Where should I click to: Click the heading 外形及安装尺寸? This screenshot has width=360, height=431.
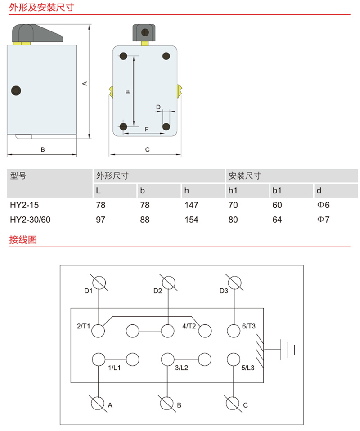(42, 7)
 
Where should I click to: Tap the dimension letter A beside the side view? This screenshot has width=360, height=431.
(85, 83)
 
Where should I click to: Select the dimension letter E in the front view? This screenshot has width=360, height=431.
(128, 91)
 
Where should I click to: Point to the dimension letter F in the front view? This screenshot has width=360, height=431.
(147, 129)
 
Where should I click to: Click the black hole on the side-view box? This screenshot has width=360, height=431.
(16, 90)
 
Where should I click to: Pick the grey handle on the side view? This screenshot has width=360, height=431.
(36, 33)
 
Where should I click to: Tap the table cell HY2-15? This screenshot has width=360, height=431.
(24, 205)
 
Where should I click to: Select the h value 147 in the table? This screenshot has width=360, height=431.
(191, 205)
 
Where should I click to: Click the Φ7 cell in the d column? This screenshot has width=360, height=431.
(323, 220)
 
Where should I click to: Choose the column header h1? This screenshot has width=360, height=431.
(233, 190)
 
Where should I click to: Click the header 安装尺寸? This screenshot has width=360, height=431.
(245, 175)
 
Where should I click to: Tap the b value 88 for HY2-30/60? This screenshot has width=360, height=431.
(144, 220)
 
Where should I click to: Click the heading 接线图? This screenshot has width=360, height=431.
(23, 240)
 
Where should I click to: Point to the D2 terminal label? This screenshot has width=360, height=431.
(158, 291)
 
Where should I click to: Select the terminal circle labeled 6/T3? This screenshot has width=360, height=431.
(234, 331)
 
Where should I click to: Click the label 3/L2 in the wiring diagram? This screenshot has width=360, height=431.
(181, 368)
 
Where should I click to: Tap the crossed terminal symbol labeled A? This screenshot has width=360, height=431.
(98, 404)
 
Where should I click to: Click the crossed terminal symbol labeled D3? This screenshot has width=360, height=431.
(234, 283)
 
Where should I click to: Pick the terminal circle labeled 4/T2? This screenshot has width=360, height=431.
(205, 331)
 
